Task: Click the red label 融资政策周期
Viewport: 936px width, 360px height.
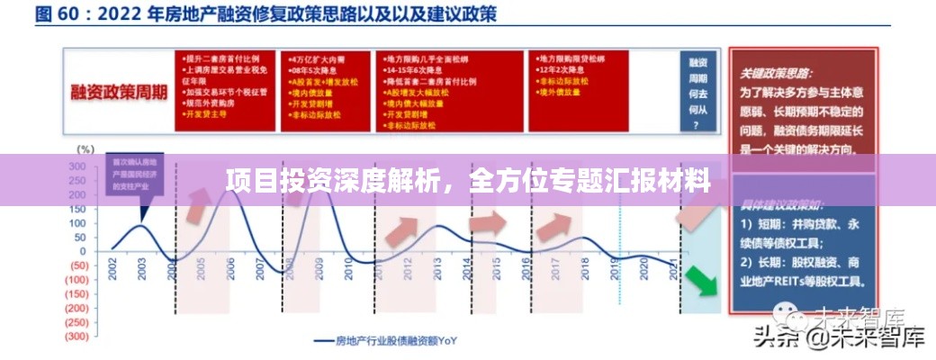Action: [x=114, y=94]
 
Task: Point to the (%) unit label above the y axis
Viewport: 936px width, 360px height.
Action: [x=85, y=148]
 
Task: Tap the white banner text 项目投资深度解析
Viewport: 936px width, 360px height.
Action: [x=342, y=179]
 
